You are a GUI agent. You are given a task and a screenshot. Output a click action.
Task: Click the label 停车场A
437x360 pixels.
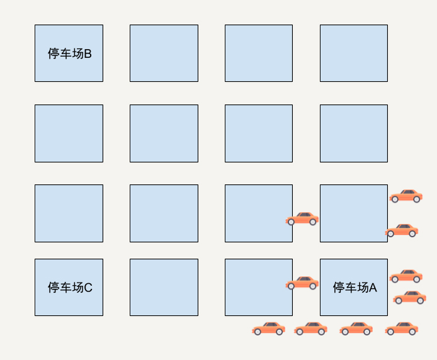click(355, 288)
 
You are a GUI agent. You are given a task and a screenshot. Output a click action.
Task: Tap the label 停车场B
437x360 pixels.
click(69, 53)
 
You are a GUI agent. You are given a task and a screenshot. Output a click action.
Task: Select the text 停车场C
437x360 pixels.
click(69, 288)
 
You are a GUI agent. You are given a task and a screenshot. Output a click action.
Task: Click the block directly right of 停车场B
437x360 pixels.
click(164, 53)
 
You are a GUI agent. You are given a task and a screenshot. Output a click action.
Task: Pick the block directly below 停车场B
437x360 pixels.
click(69, 133)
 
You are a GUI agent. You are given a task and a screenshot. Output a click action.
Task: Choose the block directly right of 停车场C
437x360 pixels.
click(164, 287)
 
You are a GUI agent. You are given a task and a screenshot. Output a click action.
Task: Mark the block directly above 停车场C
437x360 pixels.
click(69, 213)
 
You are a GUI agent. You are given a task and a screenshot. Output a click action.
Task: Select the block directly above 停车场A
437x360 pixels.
click(353, 213)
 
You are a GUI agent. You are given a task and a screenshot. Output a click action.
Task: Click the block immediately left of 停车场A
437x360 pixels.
click(258, 287)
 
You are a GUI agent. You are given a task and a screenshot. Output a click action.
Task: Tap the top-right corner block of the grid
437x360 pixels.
click(353, 53)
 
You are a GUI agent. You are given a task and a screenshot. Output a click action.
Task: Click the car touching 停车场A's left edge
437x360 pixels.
click(302, 283)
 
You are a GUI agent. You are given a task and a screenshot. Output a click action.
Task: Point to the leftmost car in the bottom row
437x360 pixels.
click(269, 329)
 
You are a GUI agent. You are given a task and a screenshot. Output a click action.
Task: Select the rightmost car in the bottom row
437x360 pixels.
click(402, 329)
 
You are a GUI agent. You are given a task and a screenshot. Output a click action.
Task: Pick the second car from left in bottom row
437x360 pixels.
click(310, 329)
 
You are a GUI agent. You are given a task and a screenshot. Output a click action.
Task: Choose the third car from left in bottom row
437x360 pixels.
click(356, 329)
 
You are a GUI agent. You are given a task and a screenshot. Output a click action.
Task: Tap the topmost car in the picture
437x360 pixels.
click(406, 196)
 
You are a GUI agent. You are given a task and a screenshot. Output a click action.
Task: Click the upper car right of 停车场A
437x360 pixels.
click(406, 276)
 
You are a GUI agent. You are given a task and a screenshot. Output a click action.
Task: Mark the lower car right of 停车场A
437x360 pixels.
click(410, 297)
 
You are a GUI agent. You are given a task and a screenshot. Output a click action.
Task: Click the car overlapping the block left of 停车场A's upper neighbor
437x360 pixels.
click(302, 219)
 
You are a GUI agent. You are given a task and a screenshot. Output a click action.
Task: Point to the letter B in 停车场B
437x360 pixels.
click(88, 53)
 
